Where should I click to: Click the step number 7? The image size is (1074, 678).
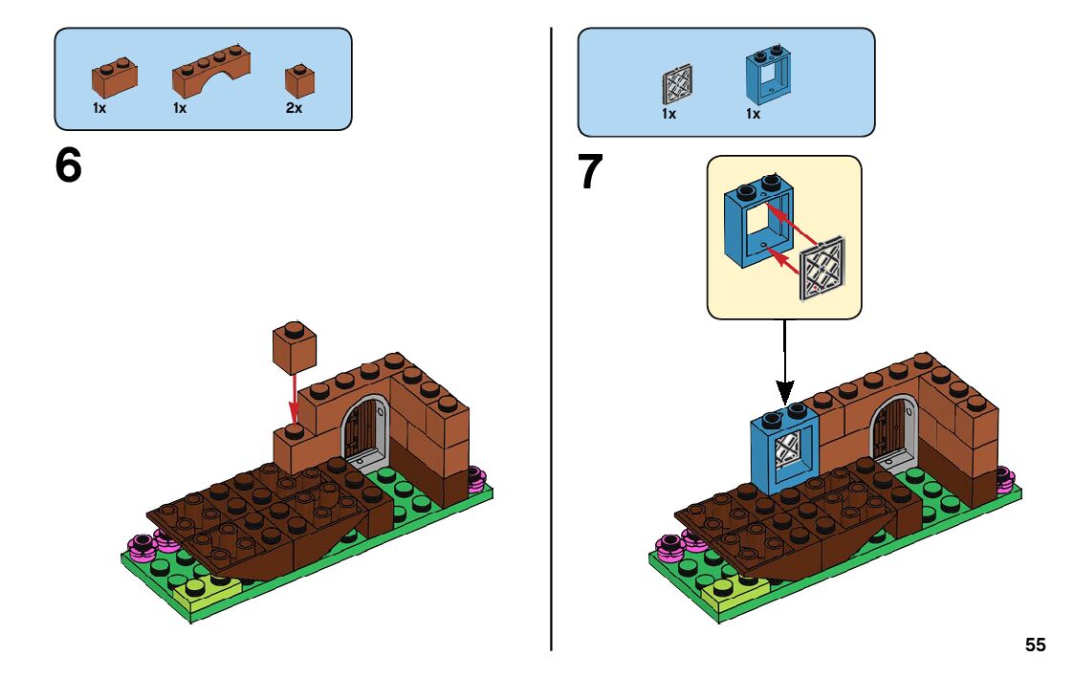[x=590, y=173]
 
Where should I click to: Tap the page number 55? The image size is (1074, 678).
[x=1035, y=645]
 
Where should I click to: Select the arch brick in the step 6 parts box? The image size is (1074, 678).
[x=211, y=74]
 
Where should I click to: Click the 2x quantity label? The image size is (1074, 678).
[x=294, y=109]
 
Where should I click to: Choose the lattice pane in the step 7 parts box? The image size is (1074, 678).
[x=675, y=84]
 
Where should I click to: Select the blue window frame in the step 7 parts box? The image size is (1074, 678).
[x=767, y=76]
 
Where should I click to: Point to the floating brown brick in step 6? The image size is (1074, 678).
[x=295, y=347]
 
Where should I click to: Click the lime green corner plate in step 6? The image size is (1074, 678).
[x=203, y=595]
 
